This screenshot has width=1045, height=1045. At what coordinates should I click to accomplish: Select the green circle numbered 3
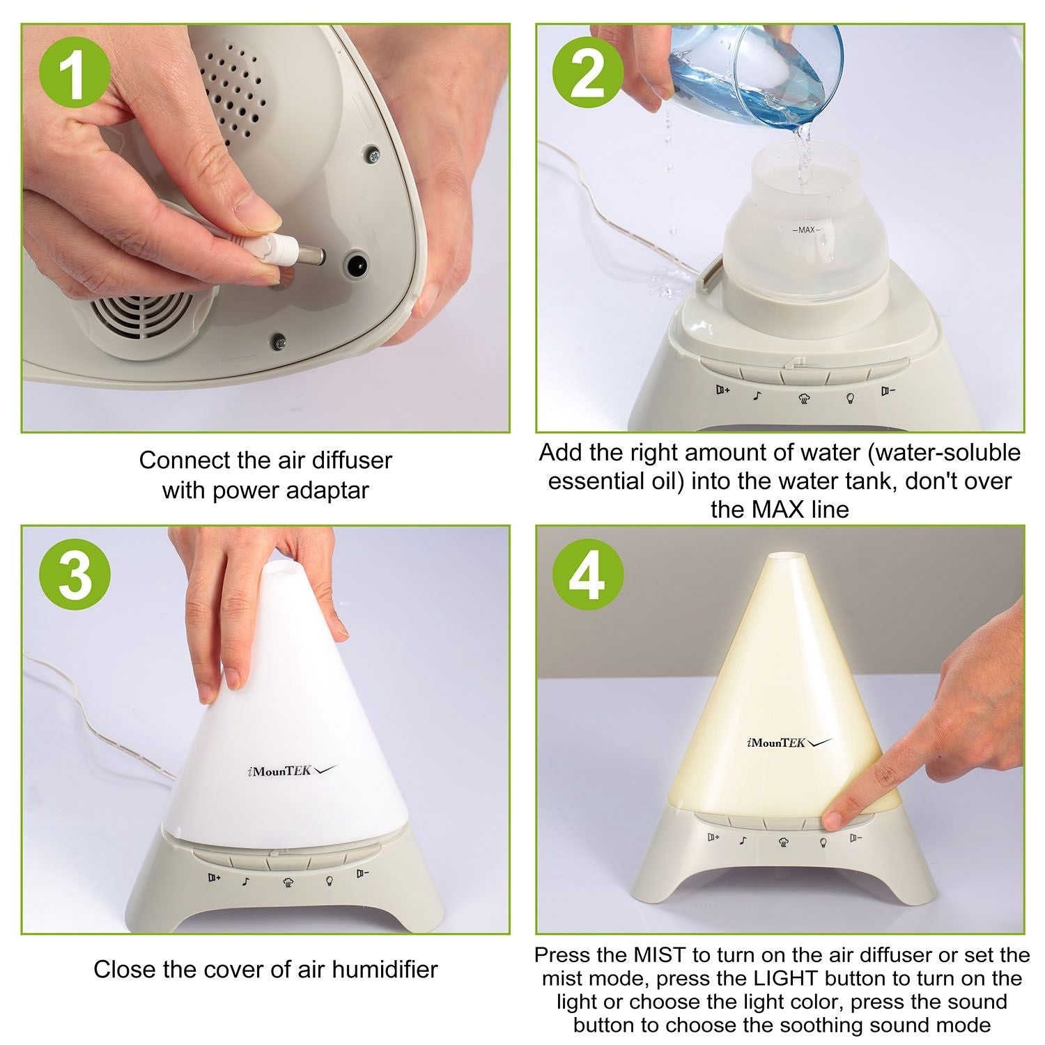(75, 578)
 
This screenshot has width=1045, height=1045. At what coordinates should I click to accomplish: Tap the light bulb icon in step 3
(328, 880)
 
